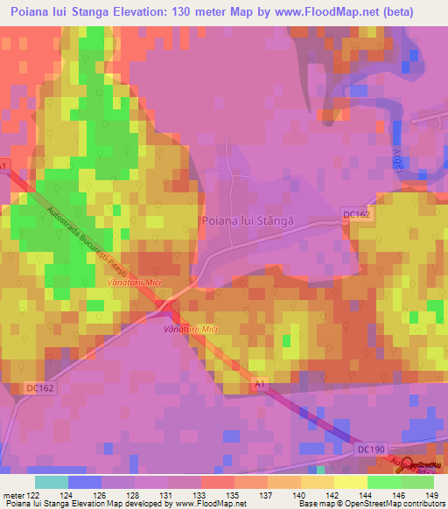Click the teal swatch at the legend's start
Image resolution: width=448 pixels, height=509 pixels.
52,482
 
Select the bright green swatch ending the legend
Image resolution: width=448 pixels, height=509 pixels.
417,482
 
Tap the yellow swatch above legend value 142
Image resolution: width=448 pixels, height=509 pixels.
318,482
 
